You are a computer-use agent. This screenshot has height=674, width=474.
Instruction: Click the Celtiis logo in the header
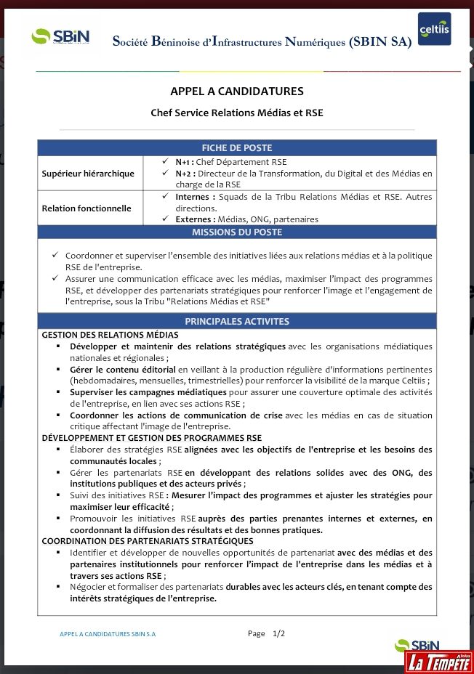(x=434, y=29)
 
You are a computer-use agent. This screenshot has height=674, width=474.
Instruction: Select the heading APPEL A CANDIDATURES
(x=237, y=92)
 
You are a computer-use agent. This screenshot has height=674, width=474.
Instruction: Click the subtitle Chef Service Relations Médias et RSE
(x=237, y=113)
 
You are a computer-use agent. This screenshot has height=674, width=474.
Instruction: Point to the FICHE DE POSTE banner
(x=237, y=147)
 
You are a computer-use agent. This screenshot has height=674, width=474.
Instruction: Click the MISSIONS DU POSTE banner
(x=237, y=232)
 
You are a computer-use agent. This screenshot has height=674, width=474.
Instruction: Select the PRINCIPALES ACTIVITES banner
(x=237, y=321)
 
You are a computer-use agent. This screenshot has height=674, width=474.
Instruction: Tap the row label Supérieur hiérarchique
(x=88, y=174)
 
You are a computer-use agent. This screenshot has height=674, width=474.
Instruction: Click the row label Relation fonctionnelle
(x=87, y=208)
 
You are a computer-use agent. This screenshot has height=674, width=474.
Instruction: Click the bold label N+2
(x=185, y=174)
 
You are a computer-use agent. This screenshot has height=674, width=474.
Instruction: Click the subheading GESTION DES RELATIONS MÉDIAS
(x=110, y=335)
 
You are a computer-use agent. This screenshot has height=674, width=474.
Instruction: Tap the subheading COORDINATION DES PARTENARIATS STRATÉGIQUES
(x=148, y=541)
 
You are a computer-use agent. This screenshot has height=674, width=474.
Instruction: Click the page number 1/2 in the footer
(x=278, y=633)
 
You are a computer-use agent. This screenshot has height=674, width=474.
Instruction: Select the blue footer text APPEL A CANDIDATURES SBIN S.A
(x=108, y=634)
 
